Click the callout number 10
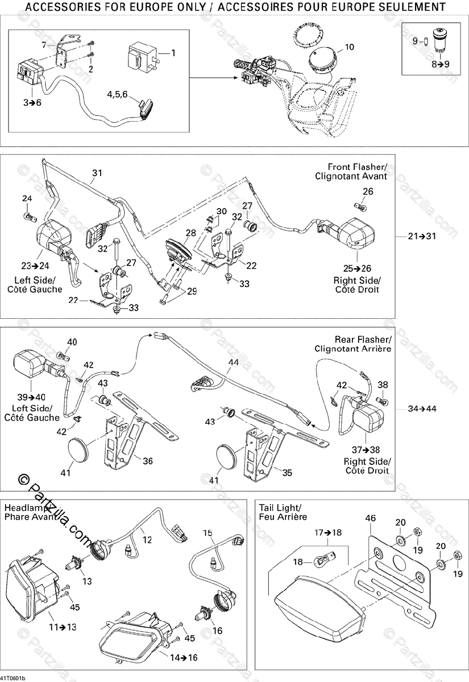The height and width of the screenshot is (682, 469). coord(348,47)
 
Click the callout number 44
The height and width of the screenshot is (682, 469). coord(234,362)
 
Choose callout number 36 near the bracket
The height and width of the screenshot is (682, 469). coord(147,461)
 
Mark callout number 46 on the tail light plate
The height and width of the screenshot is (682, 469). coord(370,518)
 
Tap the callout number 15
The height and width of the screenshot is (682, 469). coord(208,533)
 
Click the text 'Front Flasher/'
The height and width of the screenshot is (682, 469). coord(358,167)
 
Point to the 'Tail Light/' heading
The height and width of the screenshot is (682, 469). coord(280,508)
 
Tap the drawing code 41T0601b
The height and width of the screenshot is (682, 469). coord(13,678)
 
